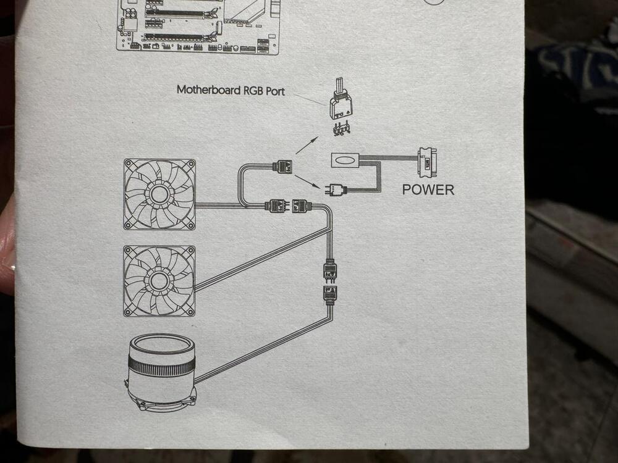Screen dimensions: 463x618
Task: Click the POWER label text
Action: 428,190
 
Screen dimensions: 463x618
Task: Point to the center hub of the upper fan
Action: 159,194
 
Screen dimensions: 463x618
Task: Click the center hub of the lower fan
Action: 159,280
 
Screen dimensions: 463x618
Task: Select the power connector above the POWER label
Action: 427,162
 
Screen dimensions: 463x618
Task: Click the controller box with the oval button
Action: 345,160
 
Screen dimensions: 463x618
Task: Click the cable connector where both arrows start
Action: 282,165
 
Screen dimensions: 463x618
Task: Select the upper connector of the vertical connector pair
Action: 330,270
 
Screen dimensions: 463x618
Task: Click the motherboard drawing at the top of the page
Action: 198,26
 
